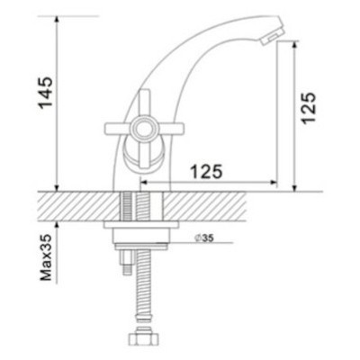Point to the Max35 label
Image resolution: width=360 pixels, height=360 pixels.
[x=47, y=261]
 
